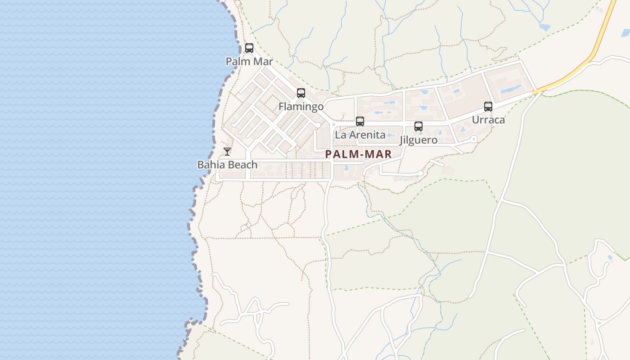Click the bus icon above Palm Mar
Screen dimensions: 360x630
(x=249, y=48)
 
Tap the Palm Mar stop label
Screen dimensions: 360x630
(x=249, y=61)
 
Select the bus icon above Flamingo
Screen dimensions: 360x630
(x=301, y=93)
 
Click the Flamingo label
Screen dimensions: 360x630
(x=301, y=107)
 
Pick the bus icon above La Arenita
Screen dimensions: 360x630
(x=360, y=121)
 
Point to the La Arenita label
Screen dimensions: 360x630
(x=360, y=135)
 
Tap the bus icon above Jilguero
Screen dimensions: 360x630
(x=418, y=126)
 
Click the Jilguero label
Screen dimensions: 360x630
(x=418, y=140)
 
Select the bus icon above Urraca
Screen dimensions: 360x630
(x=488, y=107)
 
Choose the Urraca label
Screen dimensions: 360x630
(x=488, y=120)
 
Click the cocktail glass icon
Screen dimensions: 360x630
(x=227, y=152)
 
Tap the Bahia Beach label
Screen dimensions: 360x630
(x=227, y=165)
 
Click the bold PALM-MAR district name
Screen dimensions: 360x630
(x=358, y=154)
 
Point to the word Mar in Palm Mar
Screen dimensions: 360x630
(x=262, y=61)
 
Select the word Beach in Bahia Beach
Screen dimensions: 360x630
(x=243, y=165)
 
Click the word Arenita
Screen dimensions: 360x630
(x=367, y=135)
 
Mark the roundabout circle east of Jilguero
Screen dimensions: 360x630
(x=473, y=139)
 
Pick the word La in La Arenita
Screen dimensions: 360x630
(x=340, y=135)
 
